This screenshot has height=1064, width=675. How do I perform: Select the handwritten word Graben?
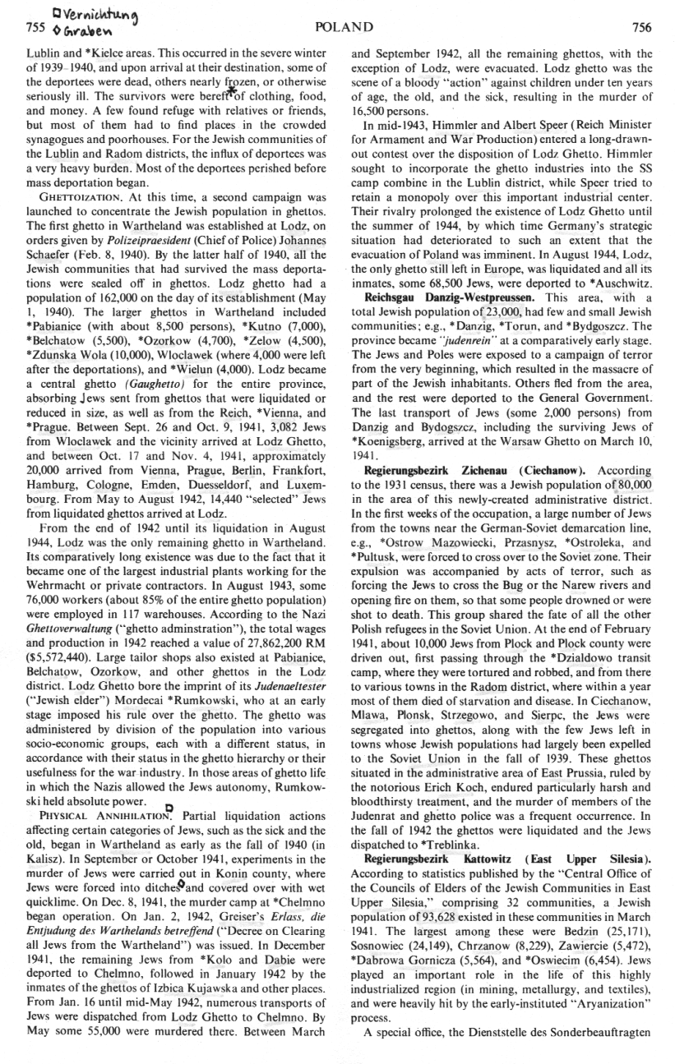click(x=46, y=30)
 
